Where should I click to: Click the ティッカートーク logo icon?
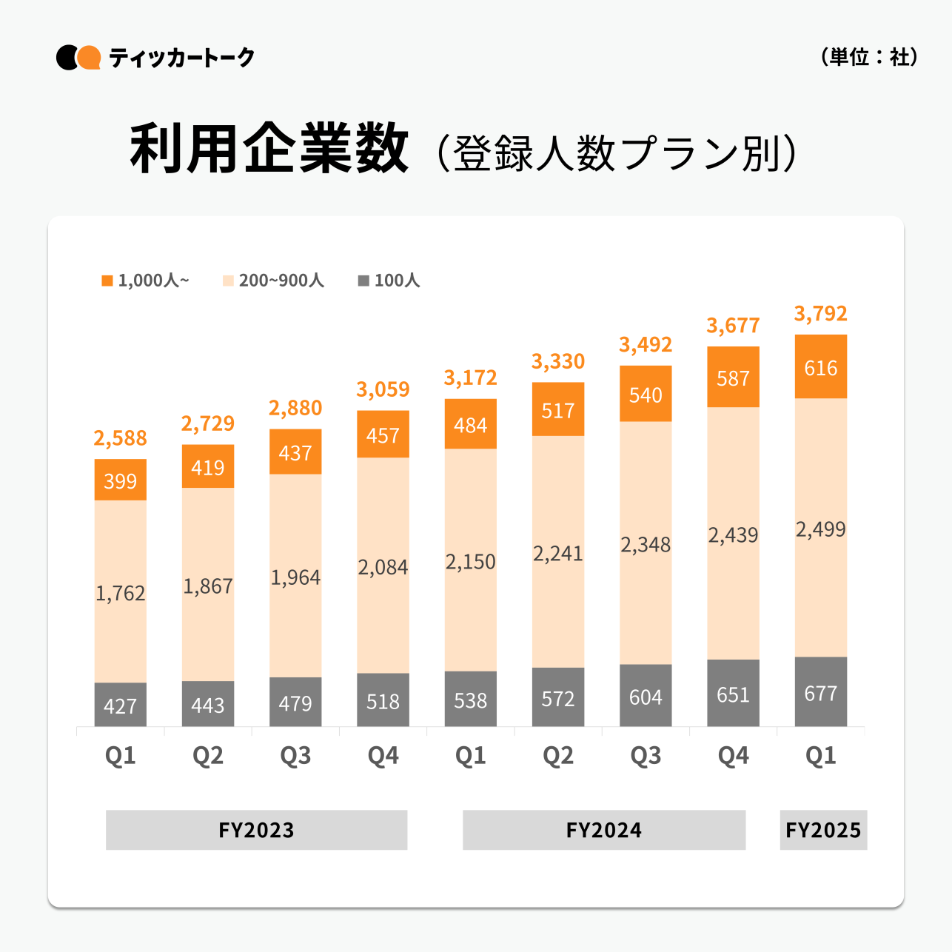tap(78, 57)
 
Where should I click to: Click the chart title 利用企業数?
tap(269, 150)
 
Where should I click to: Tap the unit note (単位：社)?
tap(869, 57)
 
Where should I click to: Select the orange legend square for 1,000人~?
tap(107, 281)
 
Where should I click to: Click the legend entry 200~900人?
tap(273, 281)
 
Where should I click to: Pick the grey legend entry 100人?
tap(389, 281)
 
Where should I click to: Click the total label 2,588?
tap(120, 438)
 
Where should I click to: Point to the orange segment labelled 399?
tap(120, 480)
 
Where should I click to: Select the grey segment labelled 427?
tap(120, 705)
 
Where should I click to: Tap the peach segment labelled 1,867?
tap(208, 585)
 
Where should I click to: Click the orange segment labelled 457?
tap(383, 435)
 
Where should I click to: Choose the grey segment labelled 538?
tap(470, 700)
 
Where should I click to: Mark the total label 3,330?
tap(558, 362)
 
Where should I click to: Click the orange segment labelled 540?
tap(646, 394)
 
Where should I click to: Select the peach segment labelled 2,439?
tap(733, 534)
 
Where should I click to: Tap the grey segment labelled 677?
tap(820, 692)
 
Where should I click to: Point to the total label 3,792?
tap(820, 314)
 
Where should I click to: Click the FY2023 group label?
tap(256, 830)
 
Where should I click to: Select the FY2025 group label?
tap(823, 830)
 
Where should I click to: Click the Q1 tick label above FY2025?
tap(820, 756)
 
